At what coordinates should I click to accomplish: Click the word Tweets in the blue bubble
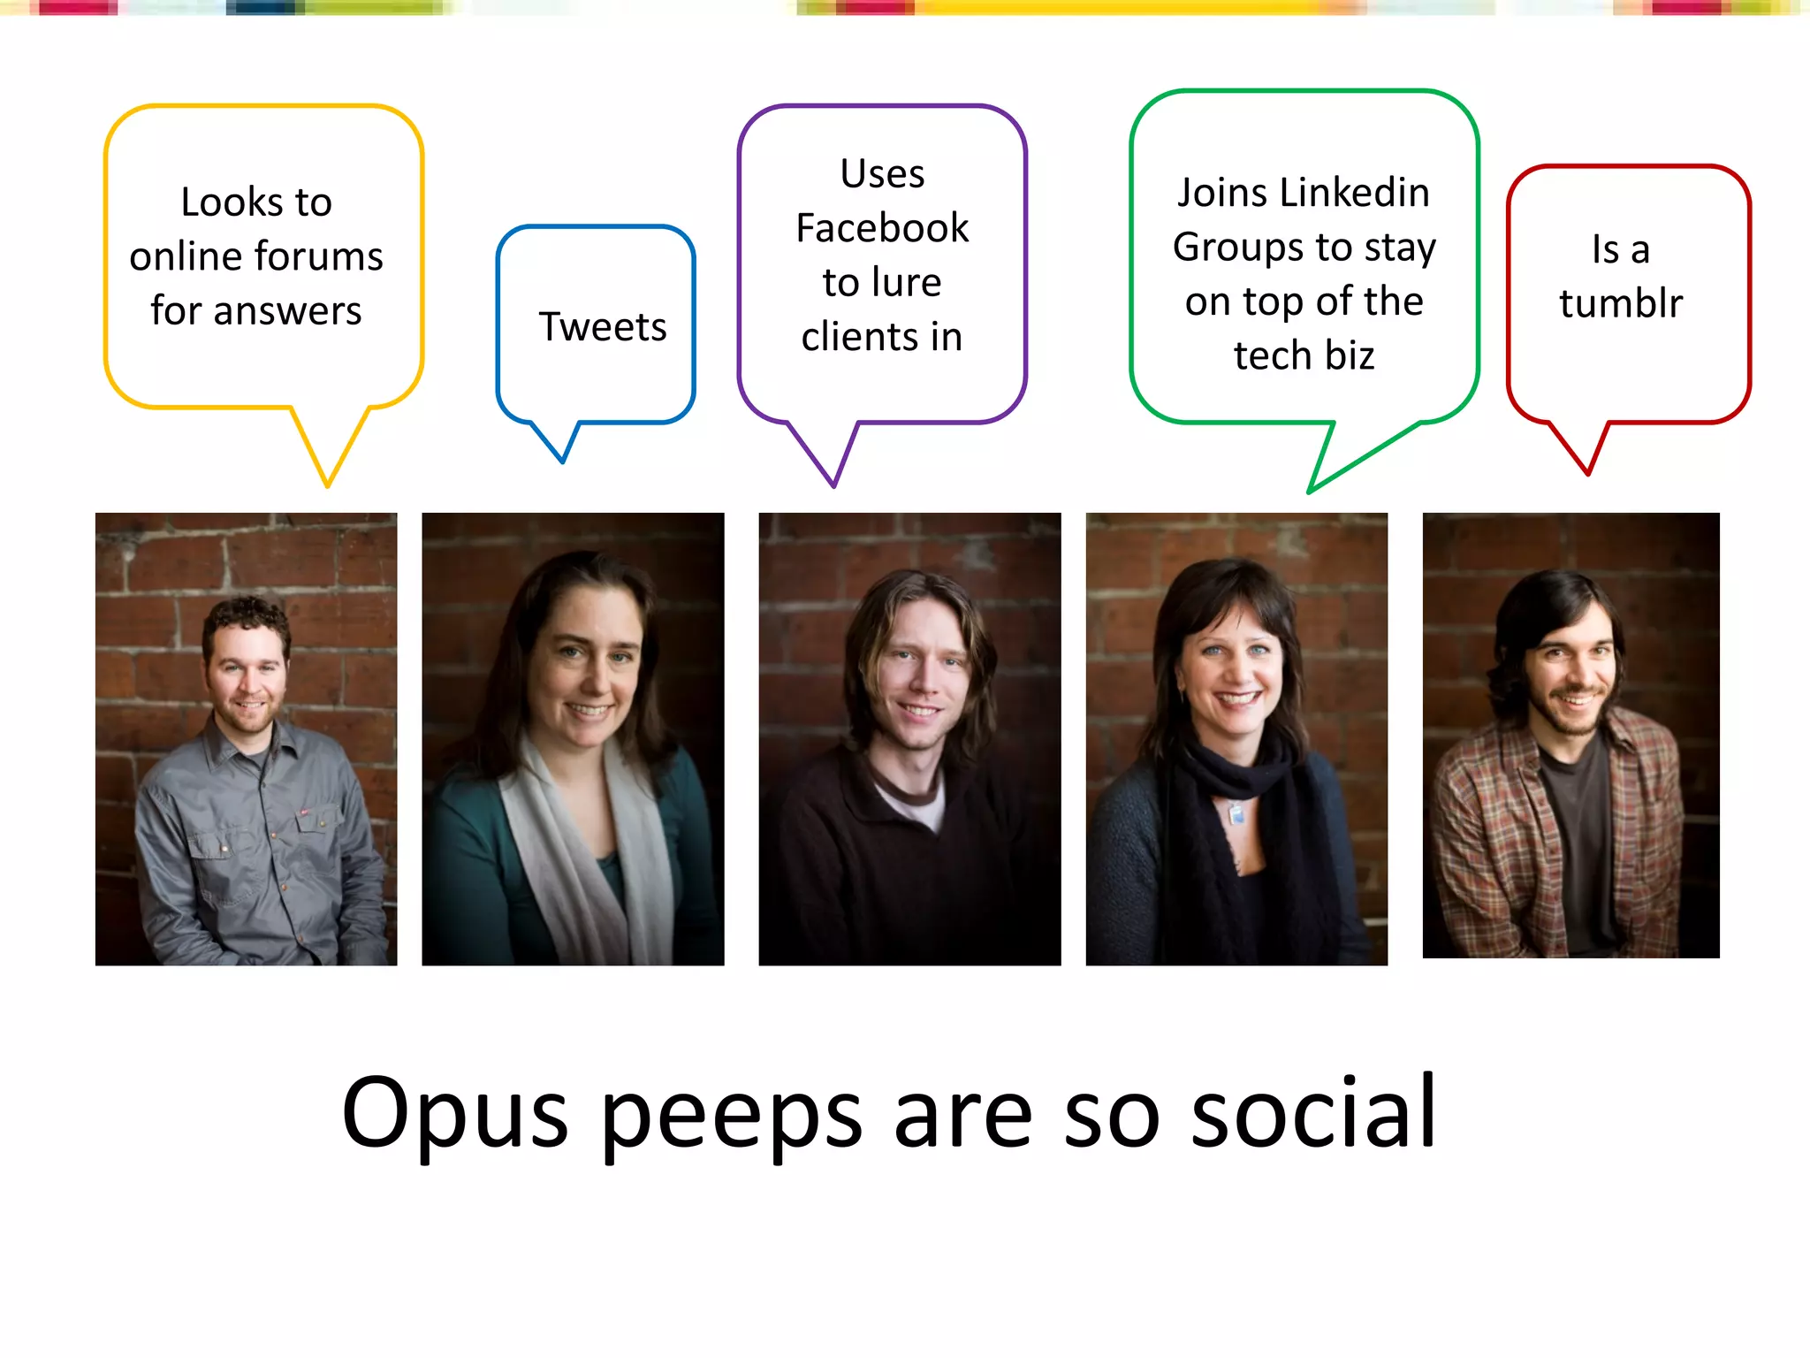pos(602,327)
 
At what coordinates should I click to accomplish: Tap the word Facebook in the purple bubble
pos(882,228)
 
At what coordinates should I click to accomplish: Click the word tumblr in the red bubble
pos(1620,303)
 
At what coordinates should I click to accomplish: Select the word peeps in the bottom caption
pos(731,1116)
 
